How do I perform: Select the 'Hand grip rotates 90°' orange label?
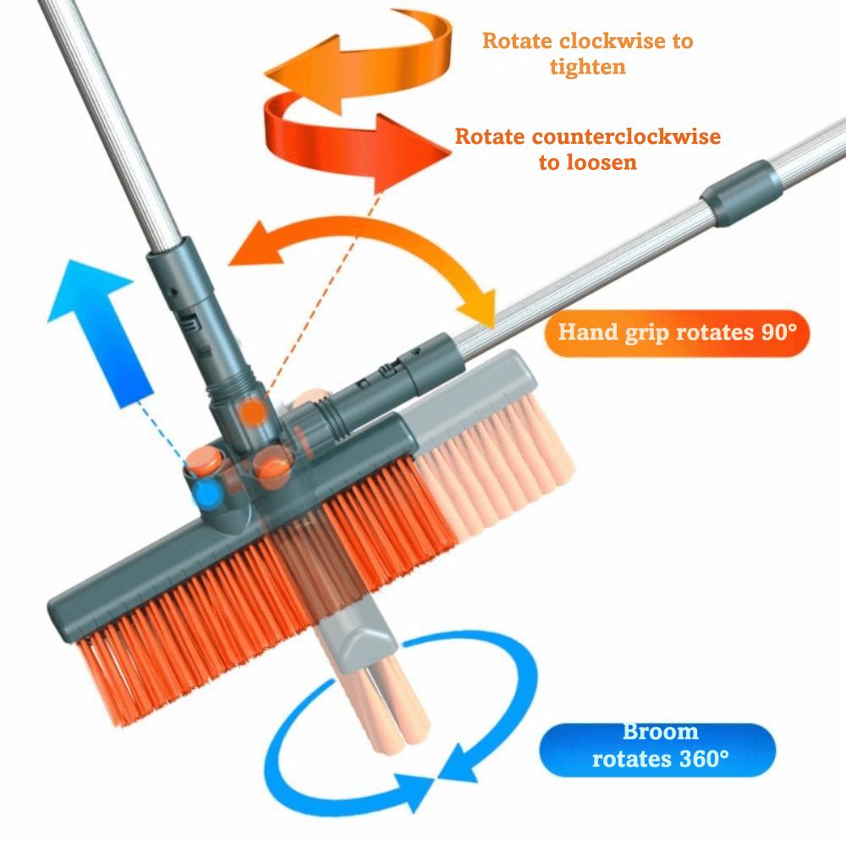[x=678, y=331]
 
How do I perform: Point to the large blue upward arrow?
[x=100, y=321]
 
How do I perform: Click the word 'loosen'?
[x=587, y=162]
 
